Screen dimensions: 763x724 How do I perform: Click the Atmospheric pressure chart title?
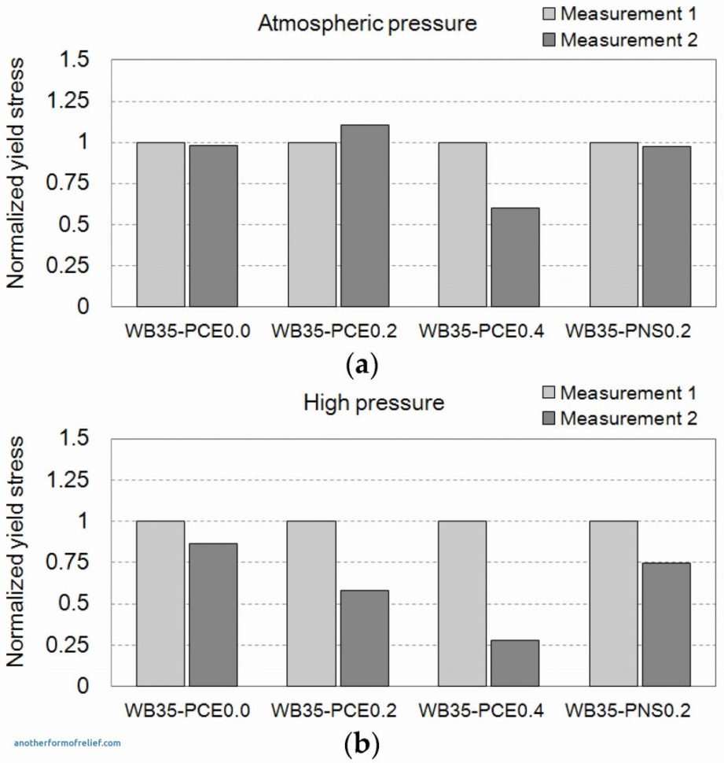pyautogui.click(x=367, y=24)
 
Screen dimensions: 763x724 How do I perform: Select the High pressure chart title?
pyautogui.click(x=374, y=404)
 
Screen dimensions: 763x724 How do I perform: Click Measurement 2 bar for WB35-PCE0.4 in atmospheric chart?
pyautogui.click(x=515, y=257)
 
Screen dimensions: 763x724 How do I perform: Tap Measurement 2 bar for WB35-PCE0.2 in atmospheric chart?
pyautogui.click(x=364, y=216)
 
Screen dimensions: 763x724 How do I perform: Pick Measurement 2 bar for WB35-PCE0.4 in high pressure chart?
pyautogui.click(x=515, y=663)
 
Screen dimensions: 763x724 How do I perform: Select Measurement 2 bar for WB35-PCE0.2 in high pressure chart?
pyautogui.click(x=364, y=638)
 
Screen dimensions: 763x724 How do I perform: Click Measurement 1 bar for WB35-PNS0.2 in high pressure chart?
pyautogui.click(x=614, y=603)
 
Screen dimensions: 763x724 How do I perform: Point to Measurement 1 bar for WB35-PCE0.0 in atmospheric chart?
pyautogui.click(x=160, y=224)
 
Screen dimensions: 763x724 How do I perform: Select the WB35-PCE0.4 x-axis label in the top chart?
pyautogui.click(x=481, y=331)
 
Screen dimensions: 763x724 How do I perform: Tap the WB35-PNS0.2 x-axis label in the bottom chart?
pyautogui.click(x=629, y=711)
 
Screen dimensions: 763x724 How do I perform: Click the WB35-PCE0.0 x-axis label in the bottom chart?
pyautogui.click(x=187, y=711)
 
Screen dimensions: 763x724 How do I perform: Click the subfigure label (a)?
pyautogui.click(x=362, y=364)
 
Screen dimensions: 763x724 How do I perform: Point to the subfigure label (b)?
pyautogui.click(x=362, y=744)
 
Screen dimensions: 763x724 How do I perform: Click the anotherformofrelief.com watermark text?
pyautogui.click(x=68, y=743)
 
